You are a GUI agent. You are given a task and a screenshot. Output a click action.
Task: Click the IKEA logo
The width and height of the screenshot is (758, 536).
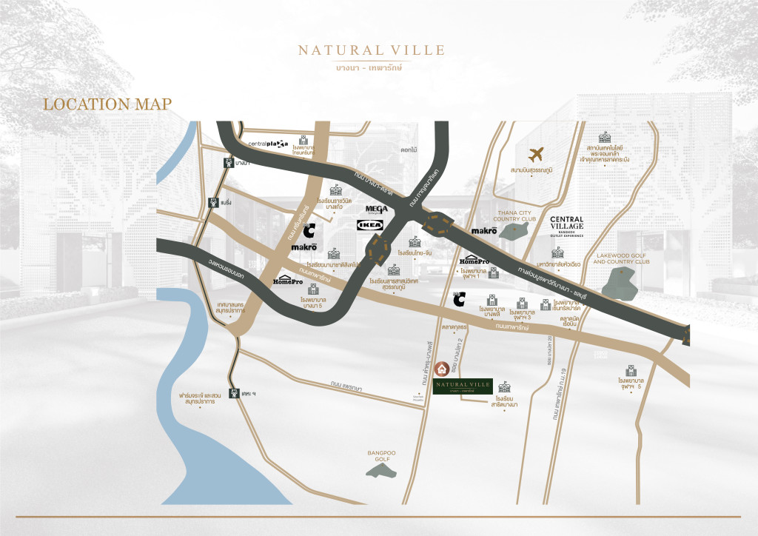click(x=370, y=224)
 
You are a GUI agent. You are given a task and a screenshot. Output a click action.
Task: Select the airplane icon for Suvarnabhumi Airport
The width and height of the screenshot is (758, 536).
click(x=537, y=155)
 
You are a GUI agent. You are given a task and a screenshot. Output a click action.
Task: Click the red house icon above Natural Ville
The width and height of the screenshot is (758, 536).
click(x=442, y=368)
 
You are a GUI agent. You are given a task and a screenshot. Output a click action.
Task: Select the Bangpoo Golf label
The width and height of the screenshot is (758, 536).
click(x=378, y=454)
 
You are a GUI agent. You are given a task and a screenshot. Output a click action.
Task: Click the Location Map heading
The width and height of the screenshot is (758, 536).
click(x=107, y=104)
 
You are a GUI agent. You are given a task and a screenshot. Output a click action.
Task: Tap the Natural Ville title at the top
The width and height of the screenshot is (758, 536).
click(x=372, y=50)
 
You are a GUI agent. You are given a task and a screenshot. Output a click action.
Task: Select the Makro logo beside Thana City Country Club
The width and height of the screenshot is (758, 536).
click(x=484, y=232)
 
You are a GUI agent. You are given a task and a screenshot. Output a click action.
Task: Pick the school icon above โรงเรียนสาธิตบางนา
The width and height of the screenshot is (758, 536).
click(x=506, y=387)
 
